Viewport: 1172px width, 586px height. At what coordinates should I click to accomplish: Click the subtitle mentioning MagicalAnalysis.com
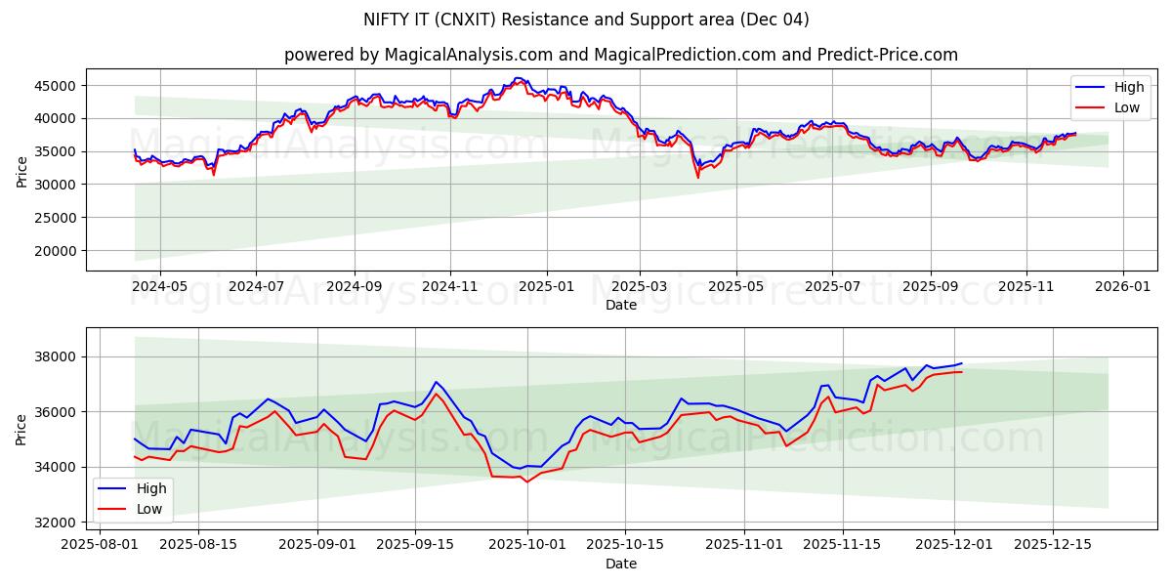pyautogui.click(x=620, y=55)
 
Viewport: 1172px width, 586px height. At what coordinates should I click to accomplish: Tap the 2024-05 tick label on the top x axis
pyautogui.click(x=159, y=288)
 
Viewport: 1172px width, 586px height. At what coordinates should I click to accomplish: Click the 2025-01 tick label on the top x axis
pyautogui.click(x=546, y=288)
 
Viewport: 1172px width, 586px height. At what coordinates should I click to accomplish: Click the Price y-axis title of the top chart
pyautogui.click(x=21, y=172)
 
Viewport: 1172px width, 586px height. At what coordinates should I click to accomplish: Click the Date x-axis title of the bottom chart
pyautogui.click(x=620, y=564)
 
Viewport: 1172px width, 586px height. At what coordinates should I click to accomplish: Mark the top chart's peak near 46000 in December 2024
pyautogui.click(x=518, y=79)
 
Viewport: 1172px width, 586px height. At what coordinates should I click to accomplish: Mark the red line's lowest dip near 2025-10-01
pyautogui.click(x=527, y=481)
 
